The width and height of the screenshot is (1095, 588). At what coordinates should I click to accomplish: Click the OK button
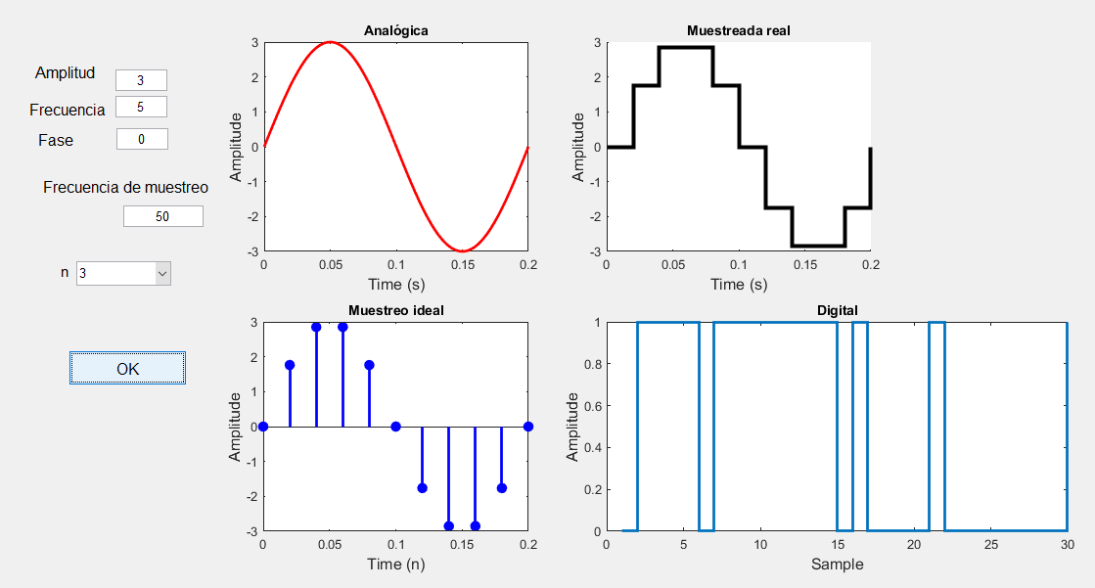click(127, 368)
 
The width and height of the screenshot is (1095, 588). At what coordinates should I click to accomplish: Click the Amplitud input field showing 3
click(141, 80)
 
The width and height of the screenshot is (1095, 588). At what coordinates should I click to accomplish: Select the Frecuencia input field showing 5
click(141, 107)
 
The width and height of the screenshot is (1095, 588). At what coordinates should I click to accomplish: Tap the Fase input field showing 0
click(142, 139)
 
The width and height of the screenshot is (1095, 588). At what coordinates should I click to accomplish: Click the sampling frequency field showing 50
click(162, 216)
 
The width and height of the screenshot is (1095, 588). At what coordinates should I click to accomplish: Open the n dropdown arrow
click(162, 274)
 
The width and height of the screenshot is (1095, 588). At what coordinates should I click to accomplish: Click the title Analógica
click(395, 30)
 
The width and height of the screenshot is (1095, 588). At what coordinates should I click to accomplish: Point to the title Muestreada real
click(738, 30)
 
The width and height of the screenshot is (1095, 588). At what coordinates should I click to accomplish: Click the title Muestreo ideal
click(395, 310)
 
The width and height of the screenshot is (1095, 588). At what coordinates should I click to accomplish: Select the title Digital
click(837, 310)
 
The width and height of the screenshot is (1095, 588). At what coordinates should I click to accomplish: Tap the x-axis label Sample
click(837, 565)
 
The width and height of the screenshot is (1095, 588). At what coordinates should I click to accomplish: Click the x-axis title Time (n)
click(395, 565)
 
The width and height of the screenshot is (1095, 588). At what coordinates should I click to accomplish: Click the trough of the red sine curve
click(462, 251)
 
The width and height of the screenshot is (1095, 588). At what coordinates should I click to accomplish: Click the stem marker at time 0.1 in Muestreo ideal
click(395, 427)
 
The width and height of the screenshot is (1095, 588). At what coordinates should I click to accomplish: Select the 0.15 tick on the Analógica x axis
click(462, 264)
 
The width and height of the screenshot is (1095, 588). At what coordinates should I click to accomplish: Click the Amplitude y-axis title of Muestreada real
click(578, 147)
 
